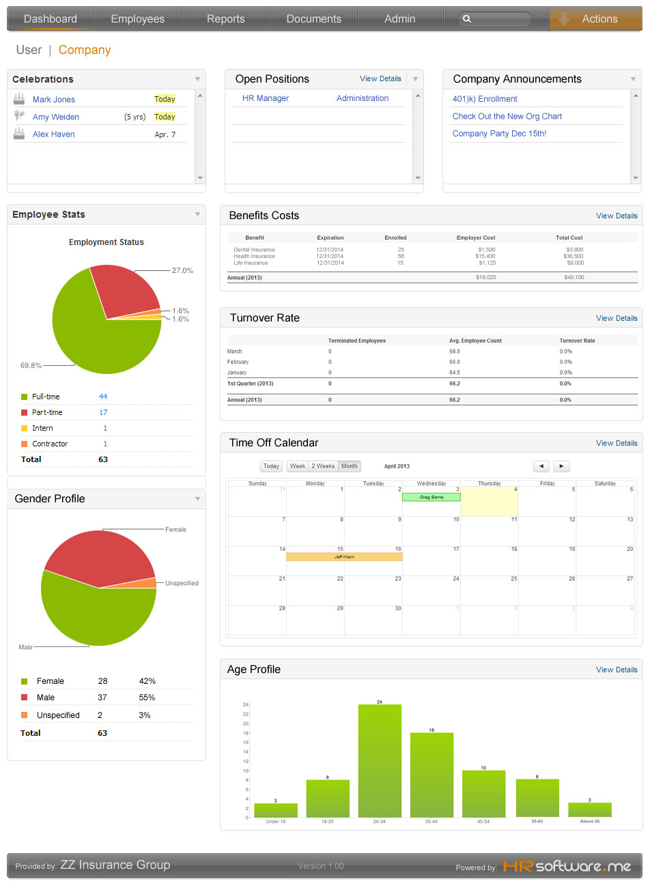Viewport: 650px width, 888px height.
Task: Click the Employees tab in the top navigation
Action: coord(137,19)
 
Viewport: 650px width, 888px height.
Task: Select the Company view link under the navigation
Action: coord(85,50)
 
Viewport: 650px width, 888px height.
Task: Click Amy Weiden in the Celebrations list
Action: coord(56,117)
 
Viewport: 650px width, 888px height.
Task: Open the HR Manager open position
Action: coord(266,98)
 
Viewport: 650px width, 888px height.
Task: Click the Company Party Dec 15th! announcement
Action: coord(499,134)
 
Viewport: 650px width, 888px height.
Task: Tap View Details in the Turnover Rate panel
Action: coord(616,318)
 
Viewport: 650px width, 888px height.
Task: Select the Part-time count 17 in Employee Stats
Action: coord(103,412)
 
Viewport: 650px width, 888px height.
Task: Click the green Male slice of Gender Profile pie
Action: coord(96,614)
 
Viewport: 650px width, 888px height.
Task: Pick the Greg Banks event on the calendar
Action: coord(432,497)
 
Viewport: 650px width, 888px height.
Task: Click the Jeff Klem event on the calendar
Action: coord(344,557)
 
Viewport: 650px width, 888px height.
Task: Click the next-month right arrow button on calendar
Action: coord(561,466)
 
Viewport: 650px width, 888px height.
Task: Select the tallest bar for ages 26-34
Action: coord(380,760)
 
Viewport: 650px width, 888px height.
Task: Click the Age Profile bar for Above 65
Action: coord(590,810)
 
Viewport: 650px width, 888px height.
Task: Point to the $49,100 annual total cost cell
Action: coord(574,278)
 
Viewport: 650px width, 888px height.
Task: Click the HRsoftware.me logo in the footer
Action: coord(567,866)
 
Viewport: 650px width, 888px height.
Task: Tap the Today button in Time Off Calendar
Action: coord(271,466)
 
